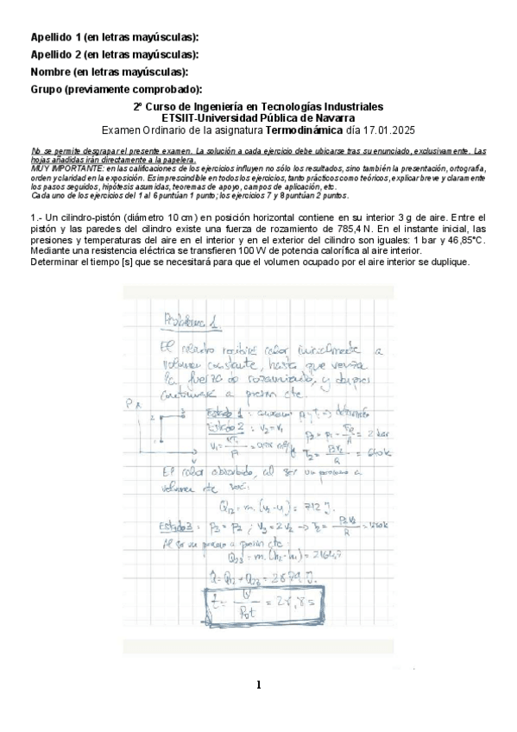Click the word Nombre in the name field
click(x=51, y=72)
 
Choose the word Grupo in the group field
click(x=47, y=89)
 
